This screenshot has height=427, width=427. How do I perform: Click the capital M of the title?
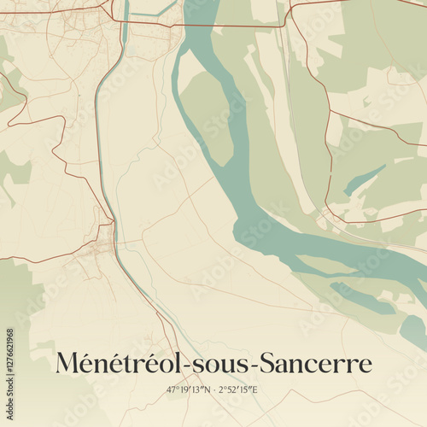67,363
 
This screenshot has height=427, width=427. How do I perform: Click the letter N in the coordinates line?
208,389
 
